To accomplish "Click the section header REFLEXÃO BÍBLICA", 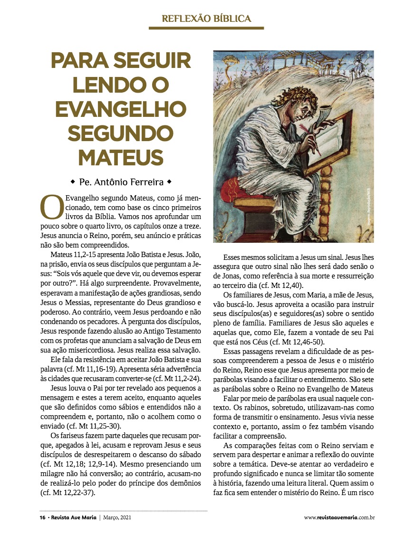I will click(x=206, y=19).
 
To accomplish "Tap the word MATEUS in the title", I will click(x=121, y=156).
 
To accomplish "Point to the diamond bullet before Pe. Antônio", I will click(x=72, y=182).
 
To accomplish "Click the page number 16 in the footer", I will click(x=42, y=517).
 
